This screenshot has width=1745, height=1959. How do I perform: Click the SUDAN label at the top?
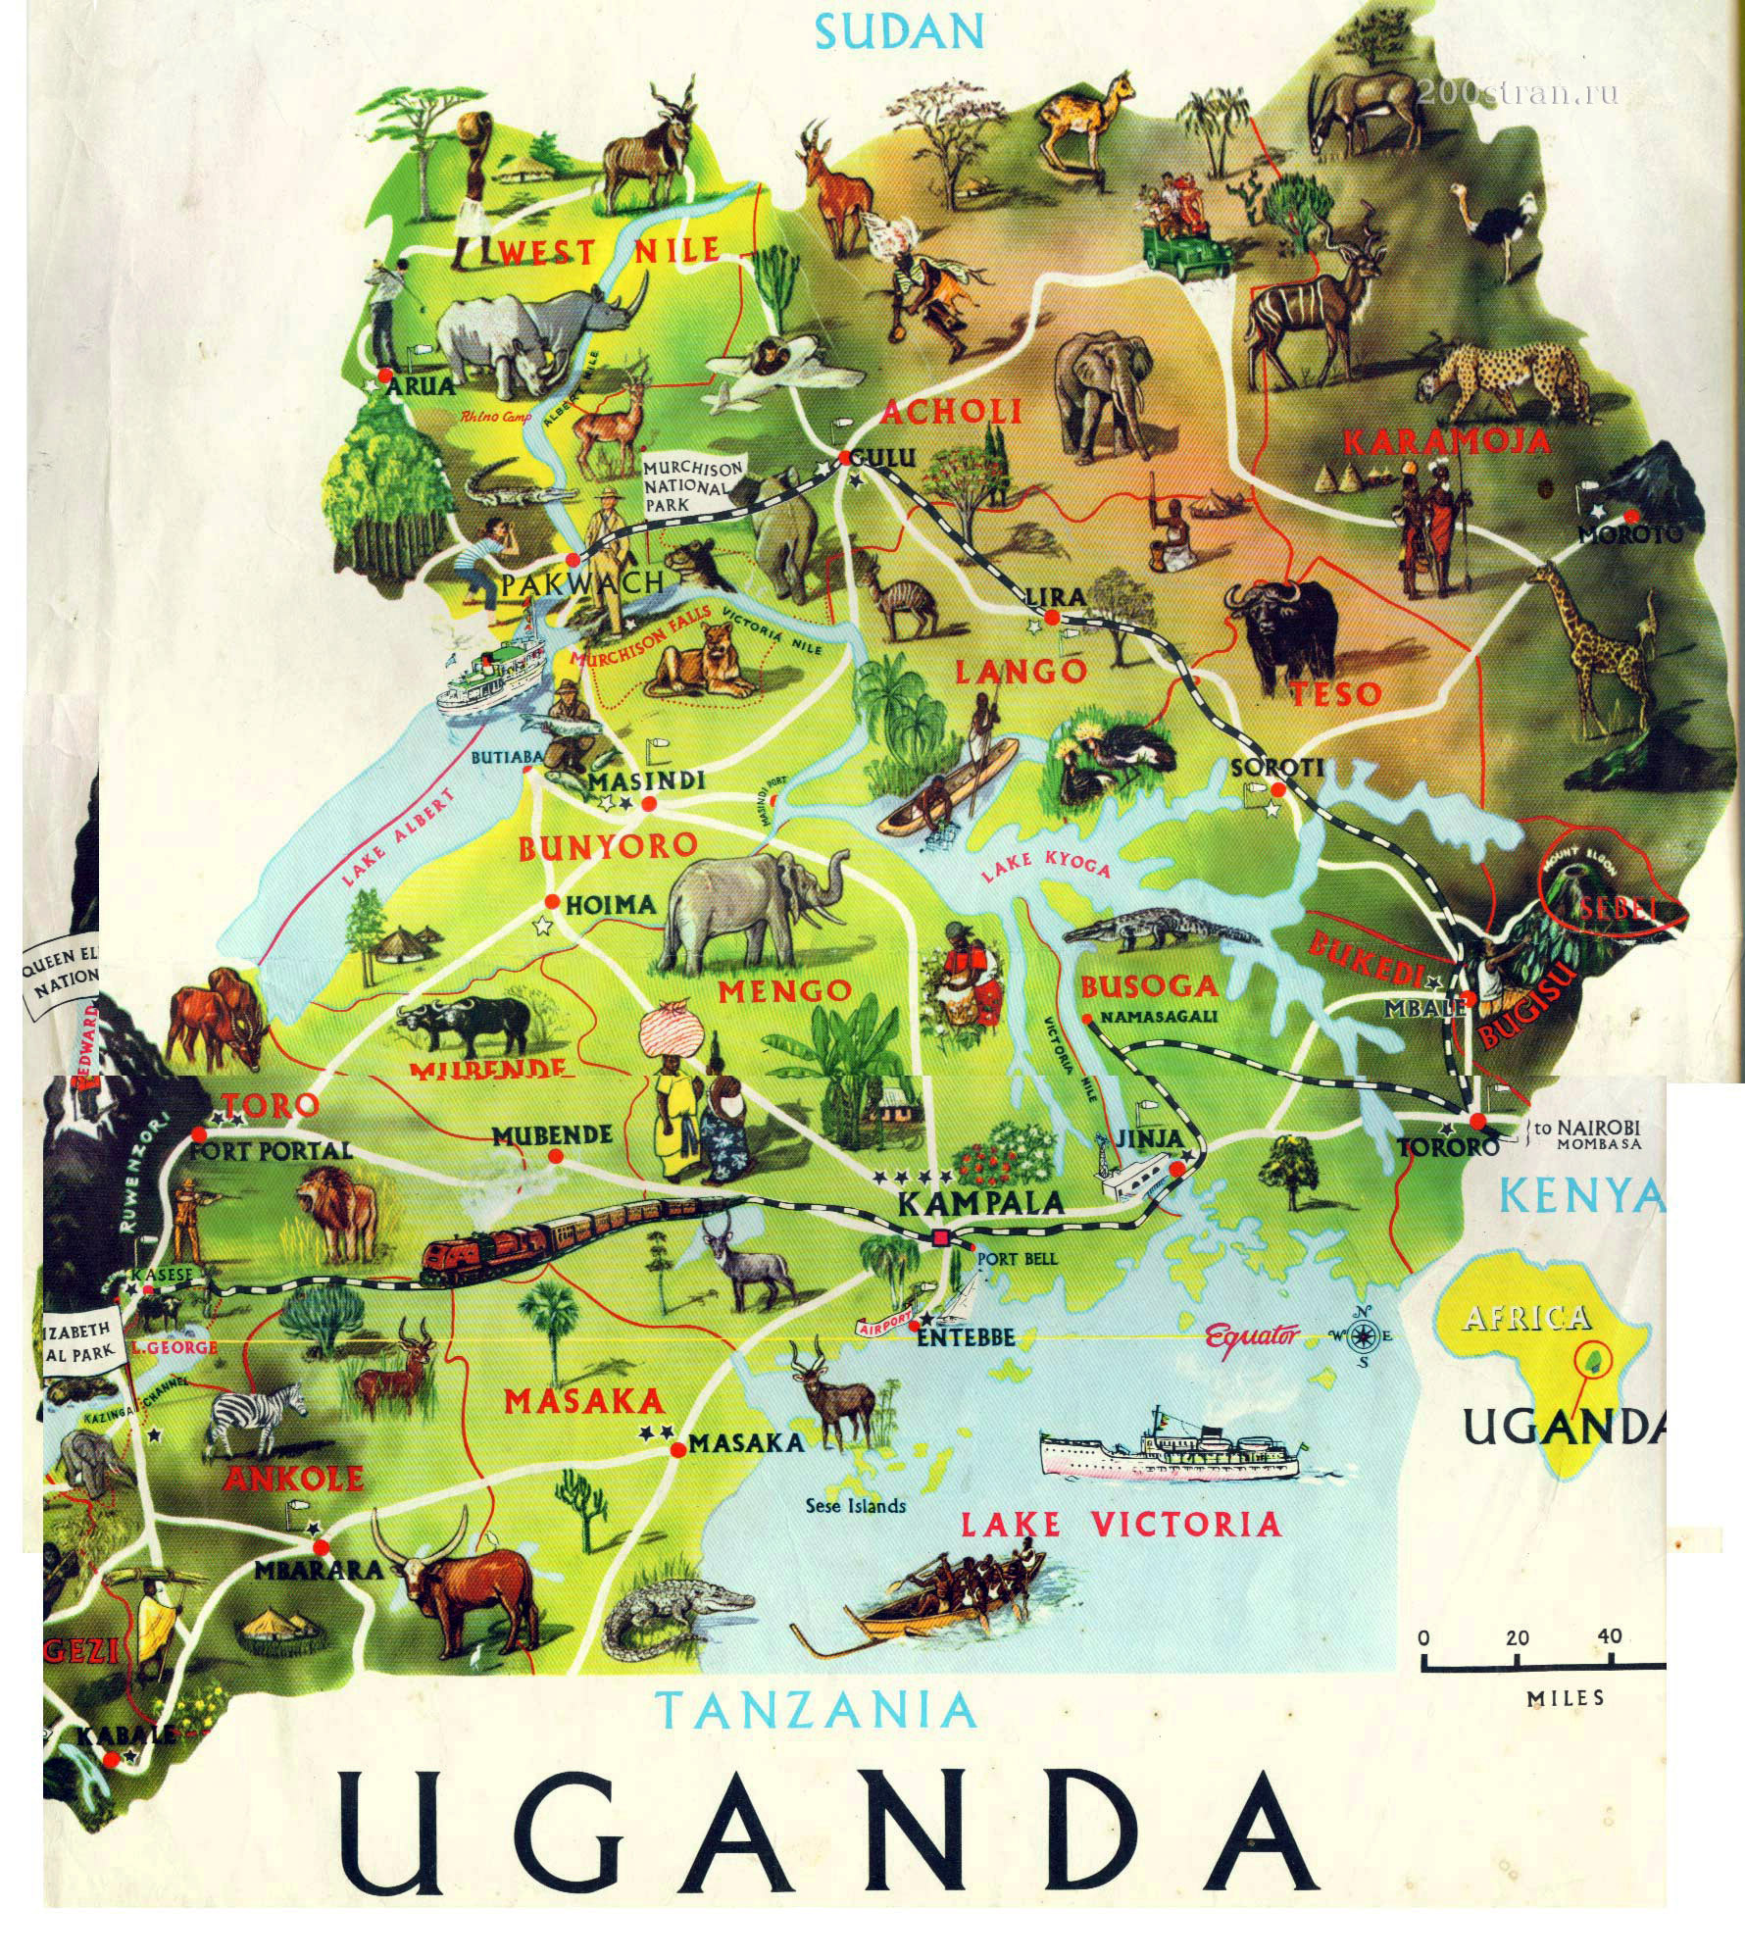click(x=899, y=31)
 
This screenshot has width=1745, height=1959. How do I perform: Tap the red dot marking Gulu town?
click(x=844, y=458)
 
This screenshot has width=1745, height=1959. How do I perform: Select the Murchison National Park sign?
click(x=694, y=483)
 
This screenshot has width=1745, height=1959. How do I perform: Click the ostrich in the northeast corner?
click(x=1499, y=220)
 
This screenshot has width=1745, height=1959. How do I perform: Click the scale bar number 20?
click(x=1517, y=1637)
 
